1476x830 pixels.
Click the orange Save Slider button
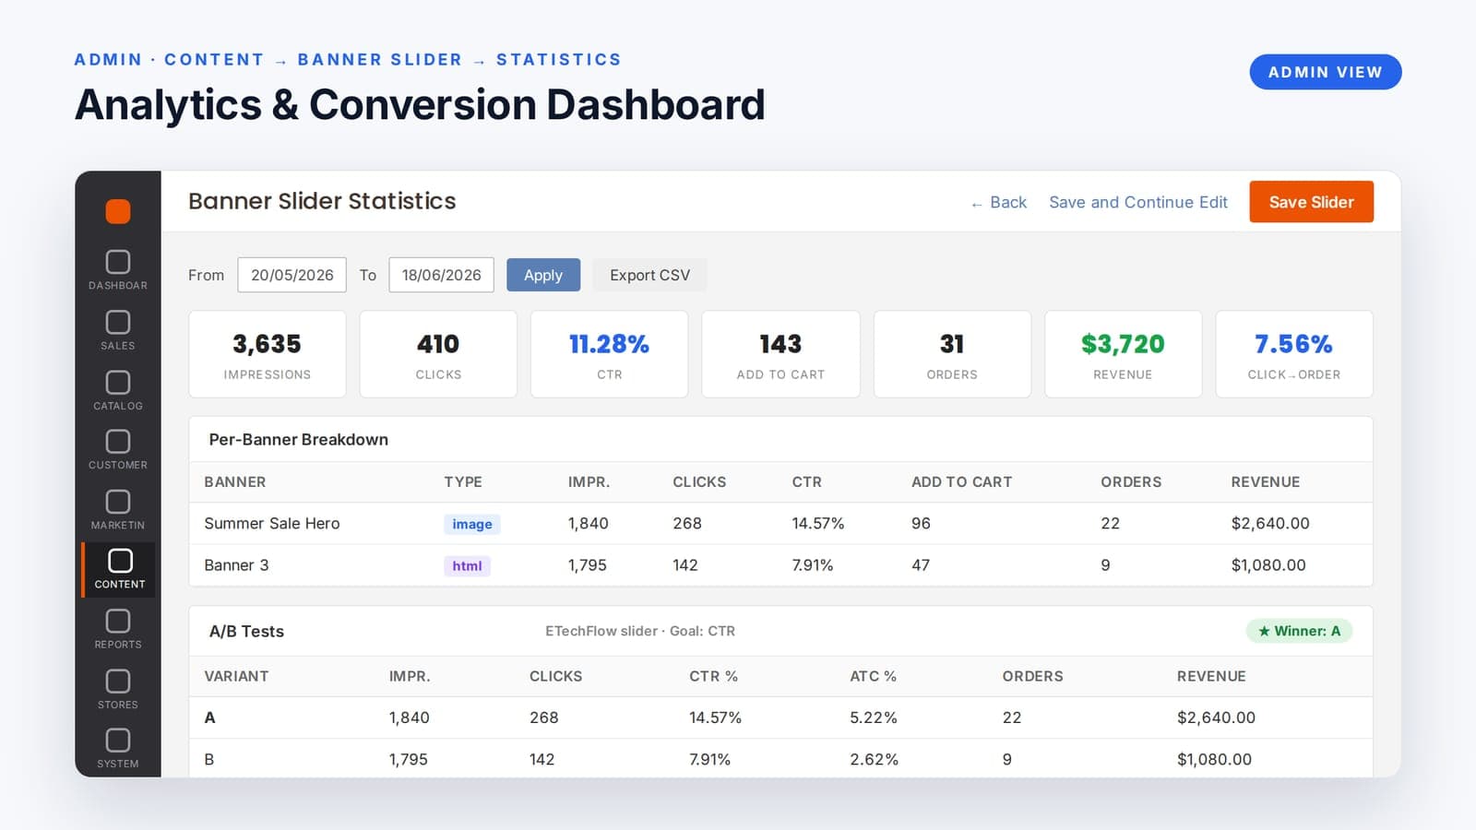point(1311,202)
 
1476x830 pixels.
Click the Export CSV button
point(649,275)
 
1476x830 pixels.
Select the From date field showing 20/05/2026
point(292,275)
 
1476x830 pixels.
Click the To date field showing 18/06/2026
point(442,275)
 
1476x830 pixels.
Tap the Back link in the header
point(999,202)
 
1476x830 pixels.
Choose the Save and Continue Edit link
point(1138,202)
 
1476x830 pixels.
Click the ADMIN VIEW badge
point(1325,72)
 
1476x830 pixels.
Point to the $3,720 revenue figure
point(1123,344)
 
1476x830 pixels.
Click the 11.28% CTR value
point(609,344)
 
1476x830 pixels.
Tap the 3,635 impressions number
point(267,344)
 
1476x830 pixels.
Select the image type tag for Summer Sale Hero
point(471,524)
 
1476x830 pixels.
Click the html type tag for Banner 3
point(467,565)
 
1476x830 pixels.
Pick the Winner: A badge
point(1299,631)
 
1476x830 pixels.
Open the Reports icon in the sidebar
point(118,621)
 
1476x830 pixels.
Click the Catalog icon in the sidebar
point(118,382)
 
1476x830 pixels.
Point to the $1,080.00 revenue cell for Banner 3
point(1268,565)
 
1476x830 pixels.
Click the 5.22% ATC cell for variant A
point(873,717)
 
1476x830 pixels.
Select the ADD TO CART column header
point(961,481)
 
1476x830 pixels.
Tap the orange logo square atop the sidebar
point(118,211)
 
